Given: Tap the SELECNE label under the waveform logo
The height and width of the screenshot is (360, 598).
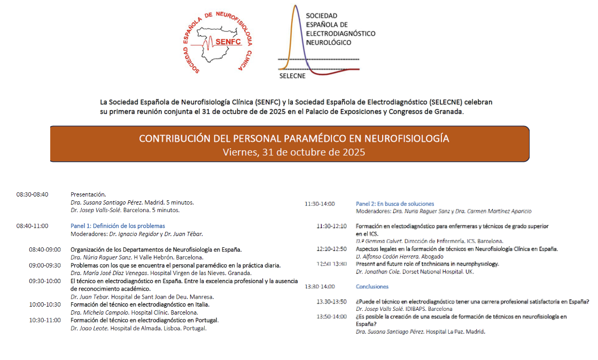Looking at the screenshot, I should point(292,75).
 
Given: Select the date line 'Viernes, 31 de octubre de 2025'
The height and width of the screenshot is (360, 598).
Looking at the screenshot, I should point(294,152).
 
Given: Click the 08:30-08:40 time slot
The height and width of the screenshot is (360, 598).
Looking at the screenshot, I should point(32,194).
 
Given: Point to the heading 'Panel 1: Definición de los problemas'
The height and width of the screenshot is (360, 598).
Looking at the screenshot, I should point(118,226).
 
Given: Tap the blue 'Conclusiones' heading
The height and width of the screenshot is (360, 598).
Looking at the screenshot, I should point(372,286).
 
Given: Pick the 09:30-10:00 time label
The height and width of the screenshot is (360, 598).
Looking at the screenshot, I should point(45,281).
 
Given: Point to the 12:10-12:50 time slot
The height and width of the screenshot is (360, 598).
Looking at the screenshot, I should point(331,249).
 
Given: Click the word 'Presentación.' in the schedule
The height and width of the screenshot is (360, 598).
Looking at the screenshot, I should point(88,194).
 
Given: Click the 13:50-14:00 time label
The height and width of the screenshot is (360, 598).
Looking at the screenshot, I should point(331,316).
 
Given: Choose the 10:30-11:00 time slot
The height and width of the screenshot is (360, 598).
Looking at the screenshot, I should point(45,320).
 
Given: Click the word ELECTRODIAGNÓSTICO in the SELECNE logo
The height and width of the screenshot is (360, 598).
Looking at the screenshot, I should point(340,34).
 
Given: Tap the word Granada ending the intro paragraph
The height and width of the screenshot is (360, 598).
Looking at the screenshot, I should point(449,112).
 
